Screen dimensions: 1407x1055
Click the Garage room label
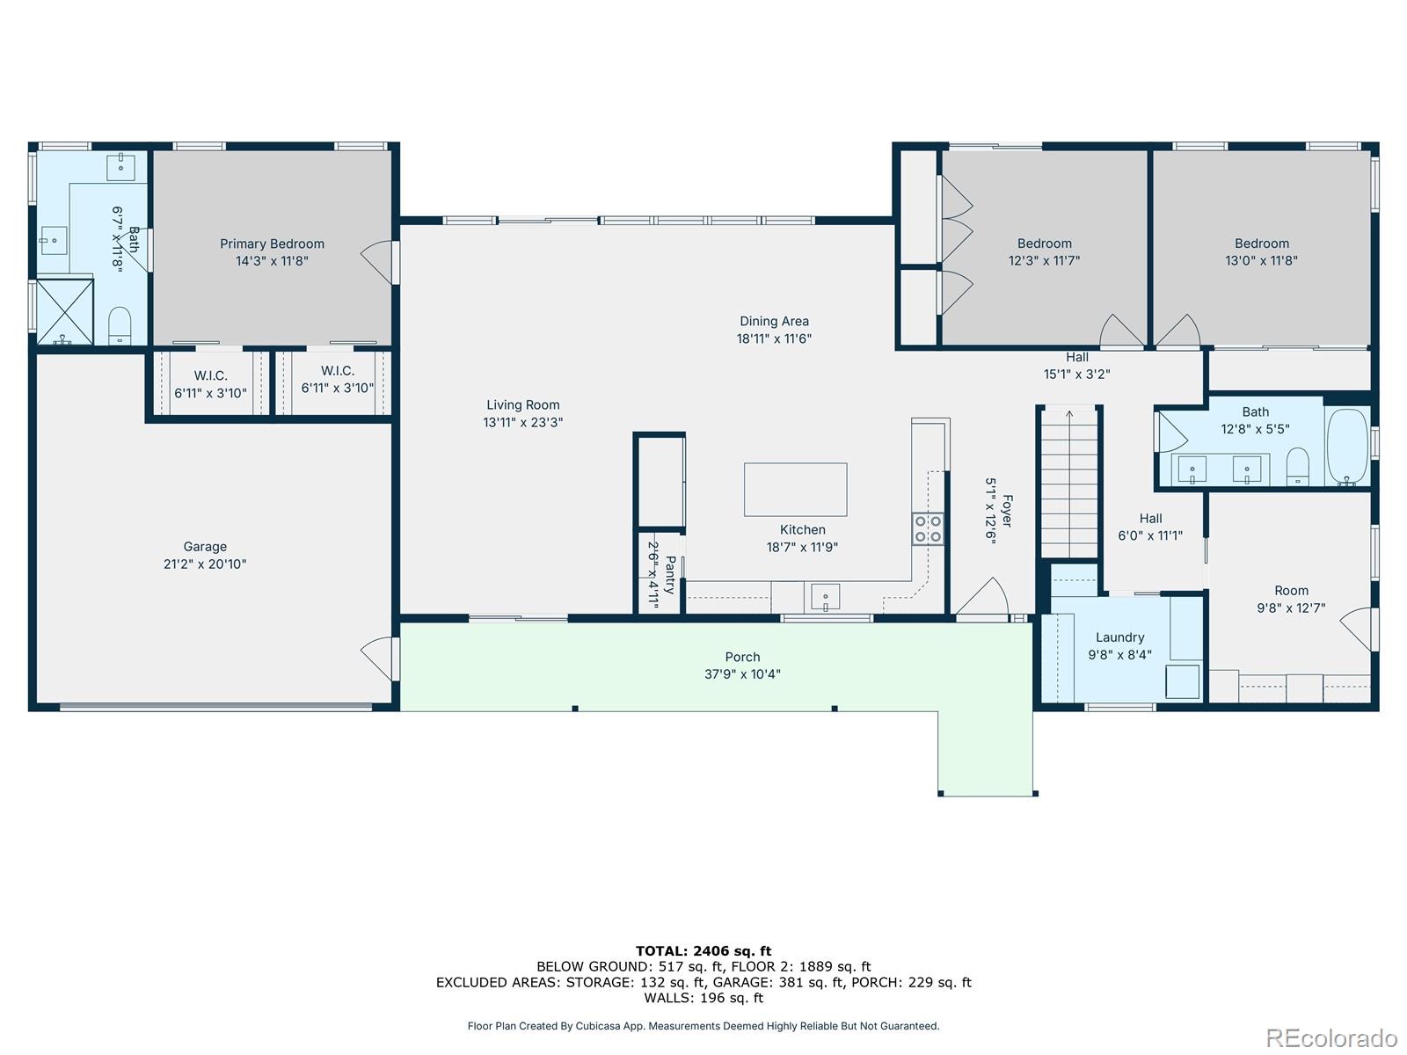click(205, 546)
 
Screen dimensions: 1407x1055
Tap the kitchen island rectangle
click(795, 490)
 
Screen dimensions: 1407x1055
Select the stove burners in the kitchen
click(927, 529)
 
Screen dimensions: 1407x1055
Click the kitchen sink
click(825, 598)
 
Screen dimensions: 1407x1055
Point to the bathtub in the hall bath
click(1347, 447)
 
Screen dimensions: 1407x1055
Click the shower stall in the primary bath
click(64, 312)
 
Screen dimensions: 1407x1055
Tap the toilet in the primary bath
click(120, 326)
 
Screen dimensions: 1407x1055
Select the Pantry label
click(670, 575)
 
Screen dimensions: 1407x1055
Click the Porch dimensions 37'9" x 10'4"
click(742, 673)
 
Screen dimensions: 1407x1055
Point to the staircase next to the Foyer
click(1068, 482)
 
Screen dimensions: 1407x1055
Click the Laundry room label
click(1119, 637)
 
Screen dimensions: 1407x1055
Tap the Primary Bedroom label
click(272, 244)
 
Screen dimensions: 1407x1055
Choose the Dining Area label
click(774, 321)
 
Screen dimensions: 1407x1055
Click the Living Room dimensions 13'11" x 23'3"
click(522, 422)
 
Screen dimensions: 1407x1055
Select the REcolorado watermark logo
click(1330, 1037)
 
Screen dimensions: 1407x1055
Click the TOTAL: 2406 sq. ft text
click(703, 950)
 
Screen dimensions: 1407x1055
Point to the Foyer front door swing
click(981, 597)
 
